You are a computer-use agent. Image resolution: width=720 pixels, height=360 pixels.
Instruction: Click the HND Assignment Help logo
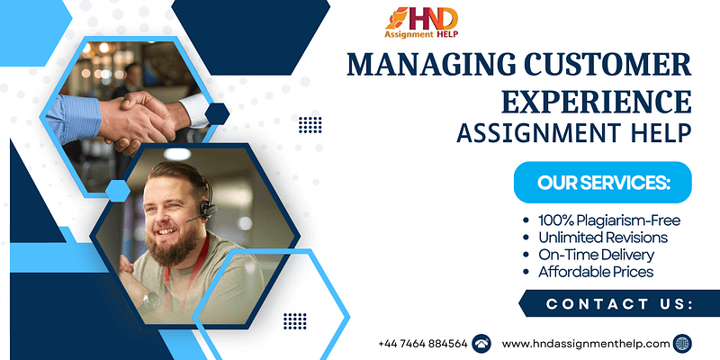pos(421,23)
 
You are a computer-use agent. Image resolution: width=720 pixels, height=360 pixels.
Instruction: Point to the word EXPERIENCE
pos(596,102)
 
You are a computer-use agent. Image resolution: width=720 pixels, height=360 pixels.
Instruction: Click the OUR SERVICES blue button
pos(602,183)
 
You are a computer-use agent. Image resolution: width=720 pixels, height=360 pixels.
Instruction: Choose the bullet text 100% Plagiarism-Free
pos(609,220)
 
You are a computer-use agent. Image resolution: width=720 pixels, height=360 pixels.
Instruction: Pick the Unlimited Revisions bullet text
pos(602,238)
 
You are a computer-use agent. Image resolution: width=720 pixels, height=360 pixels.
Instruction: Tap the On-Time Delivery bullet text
pos(596,255)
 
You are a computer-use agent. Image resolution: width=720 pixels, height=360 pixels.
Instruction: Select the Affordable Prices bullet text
pos(596,272)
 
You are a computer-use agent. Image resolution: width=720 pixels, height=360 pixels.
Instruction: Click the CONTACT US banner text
pos(619,304)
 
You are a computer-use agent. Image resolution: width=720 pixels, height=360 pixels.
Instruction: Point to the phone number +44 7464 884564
pos(423,344)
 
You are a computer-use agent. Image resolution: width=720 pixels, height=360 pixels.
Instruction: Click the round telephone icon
pos(481,344)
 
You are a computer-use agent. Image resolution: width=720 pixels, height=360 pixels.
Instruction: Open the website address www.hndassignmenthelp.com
pos(586,344)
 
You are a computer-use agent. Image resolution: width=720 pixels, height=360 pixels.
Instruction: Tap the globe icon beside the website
pos(682,344)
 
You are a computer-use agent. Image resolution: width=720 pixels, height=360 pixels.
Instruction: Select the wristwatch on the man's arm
pos(150,302)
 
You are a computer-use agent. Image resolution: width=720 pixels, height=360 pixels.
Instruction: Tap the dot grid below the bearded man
pos(295,321)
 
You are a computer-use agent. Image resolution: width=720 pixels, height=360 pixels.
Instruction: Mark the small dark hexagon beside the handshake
pos(217,114)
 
